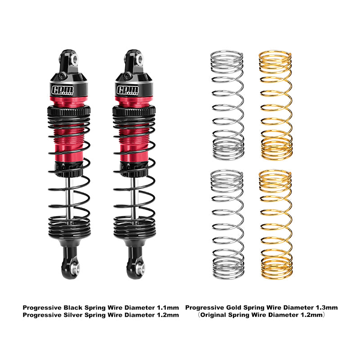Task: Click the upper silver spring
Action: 227,106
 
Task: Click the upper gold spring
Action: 275,106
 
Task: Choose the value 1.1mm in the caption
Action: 168,307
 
